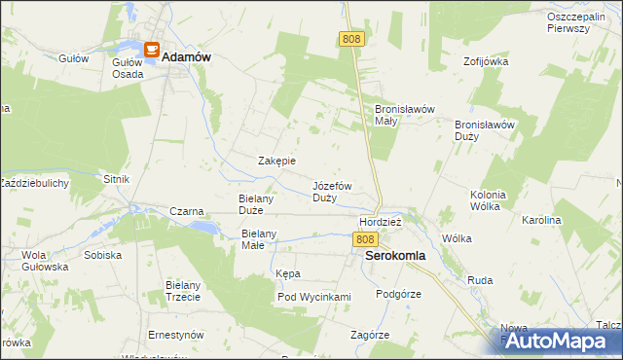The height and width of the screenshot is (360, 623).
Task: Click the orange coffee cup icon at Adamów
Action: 151,49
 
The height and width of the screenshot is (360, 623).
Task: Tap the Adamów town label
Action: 187,57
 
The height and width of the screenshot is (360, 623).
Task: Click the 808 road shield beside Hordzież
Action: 365,239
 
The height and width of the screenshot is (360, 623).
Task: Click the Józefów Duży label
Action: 332,191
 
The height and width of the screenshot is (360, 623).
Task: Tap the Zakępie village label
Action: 276,161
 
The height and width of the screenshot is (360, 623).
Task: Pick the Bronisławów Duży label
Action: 484,130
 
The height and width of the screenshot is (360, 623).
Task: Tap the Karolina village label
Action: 542,221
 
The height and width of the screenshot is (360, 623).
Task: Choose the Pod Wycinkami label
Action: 313,297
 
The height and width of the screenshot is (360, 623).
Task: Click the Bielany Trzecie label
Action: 183,291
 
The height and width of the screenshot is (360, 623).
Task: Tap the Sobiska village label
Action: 103,255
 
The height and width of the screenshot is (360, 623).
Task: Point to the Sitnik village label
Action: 117,179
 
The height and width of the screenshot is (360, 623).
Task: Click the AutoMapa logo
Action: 562,342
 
